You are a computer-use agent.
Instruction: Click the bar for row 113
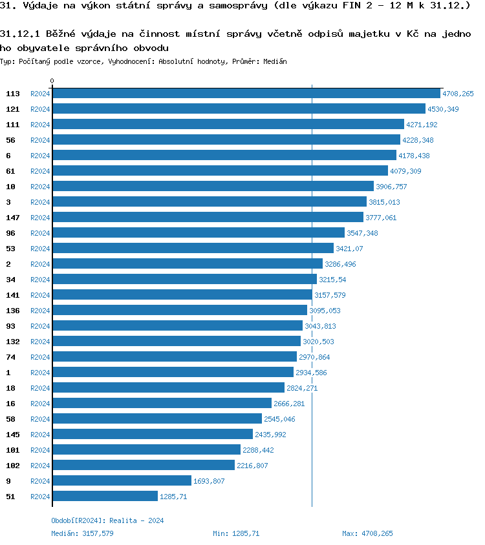pos(246,94)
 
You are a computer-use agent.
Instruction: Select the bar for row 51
pos(105,497)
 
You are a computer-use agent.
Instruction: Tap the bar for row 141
pos(182,295)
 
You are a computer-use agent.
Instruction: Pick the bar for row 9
pos(122,481)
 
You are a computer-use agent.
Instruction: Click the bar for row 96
pos(198,233)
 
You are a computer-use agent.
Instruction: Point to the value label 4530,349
pos(443,109)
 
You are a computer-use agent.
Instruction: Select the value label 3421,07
pos(349,249)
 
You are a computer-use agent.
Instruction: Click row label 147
pos(13,218)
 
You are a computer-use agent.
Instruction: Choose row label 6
pos(8,156)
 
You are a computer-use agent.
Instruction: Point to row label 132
pos(13,342)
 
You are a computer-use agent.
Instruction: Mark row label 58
pos(10,419)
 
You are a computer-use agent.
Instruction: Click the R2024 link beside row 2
pos(40,264)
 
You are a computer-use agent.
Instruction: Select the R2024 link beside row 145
pos(40,435)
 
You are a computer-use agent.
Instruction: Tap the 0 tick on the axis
pos(52,81)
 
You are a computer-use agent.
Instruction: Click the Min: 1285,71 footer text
pos(236,534)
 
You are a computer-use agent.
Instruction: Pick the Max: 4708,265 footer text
pos(367,534)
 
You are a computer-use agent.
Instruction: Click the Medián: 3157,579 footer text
pos(82,534)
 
